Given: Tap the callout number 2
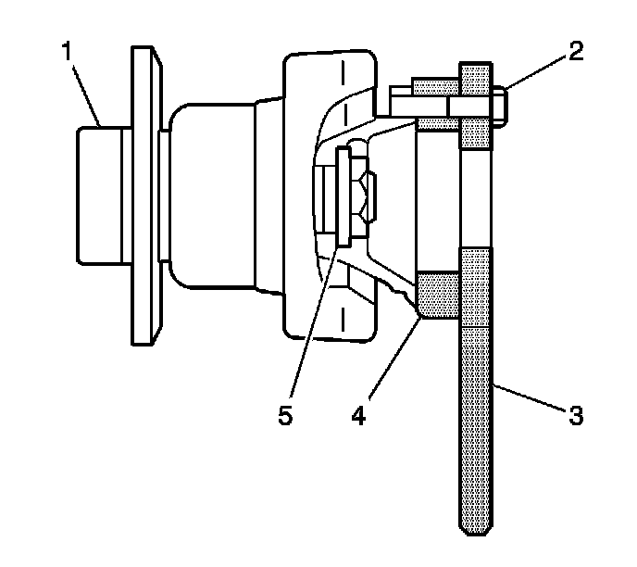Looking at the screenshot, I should (x=576, y=52).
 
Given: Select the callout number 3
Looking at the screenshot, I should (x=575, y=416).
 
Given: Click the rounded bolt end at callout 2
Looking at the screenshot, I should (x=497, y=105).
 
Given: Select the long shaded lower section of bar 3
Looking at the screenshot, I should (x=477, y=389).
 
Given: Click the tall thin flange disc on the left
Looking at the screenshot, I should (x=143, y=195).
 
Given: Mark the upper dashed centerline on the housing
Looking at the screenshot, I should (x=344, y=93).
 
